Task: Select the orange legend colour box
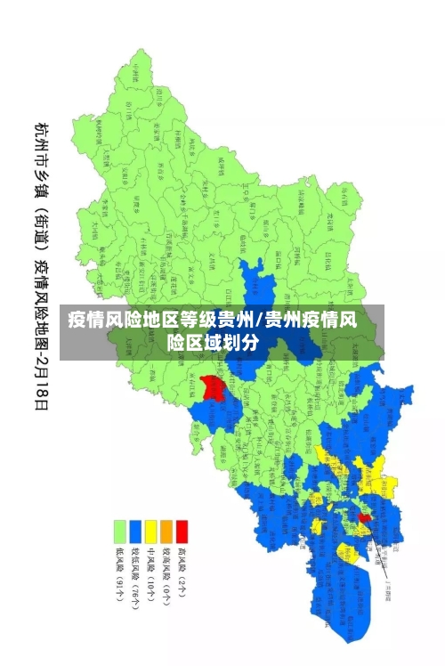pos(166,532)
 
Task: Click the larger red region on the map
pos(212,388)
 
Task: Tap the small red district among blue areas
pos(365,516)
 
